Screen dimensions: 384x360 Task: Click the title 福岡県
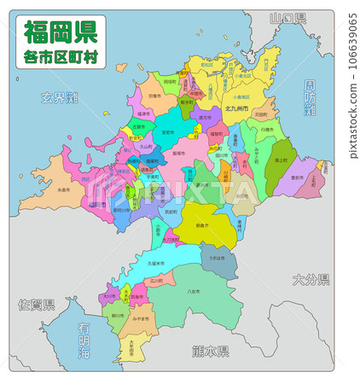[x=60, y=32]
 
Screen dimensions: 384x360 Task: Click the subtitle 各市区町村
[x=60, y=56]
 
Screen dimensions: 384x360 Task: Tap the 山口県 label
[x=287, y=18]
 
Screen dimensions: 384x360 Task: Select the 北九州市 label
[x=237, y=109]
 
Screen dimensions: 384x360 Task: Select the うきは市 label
[x=217, y=257]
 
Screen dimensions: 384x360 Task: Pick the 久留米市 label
[x=157, y=265]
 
